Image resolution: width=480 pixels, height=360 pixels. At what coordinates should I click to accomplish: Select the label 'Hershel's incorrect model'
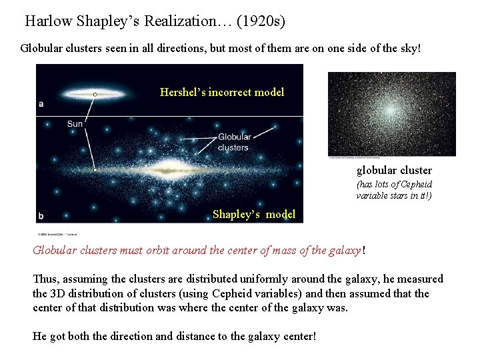pos(222,92)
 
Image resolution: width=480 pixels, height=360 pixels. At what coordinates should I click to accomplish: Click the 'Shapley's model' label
pos(254,214)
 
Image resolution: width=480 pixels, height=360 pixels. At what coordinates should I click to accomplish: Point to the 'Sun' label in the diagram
pos(75,123)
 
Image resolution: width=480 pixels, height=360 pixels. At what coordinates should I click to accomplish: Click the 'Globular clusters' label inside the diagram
pos(234,142)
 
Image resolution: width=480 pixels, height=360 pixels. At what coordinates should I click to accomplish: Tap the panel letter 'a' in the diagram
pos(41,103)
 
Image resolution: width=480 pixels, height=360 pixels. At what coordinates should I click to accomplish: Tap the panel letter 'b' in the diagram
pos(41,215)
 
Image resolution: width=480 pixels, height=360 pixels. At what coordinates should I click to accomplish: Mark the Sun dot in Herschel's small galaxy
pos(95,95)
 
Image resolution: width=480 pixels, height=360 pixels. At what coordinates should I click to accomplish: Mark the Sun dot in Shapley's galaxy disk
pos(95,171)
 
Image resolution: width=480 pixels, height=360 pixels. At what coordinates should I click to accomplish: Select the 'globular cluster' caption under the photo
pos(394,170)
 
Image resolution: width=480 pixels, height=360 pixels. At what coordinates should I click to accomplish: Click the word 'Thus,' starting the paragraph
pos(45,279)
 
